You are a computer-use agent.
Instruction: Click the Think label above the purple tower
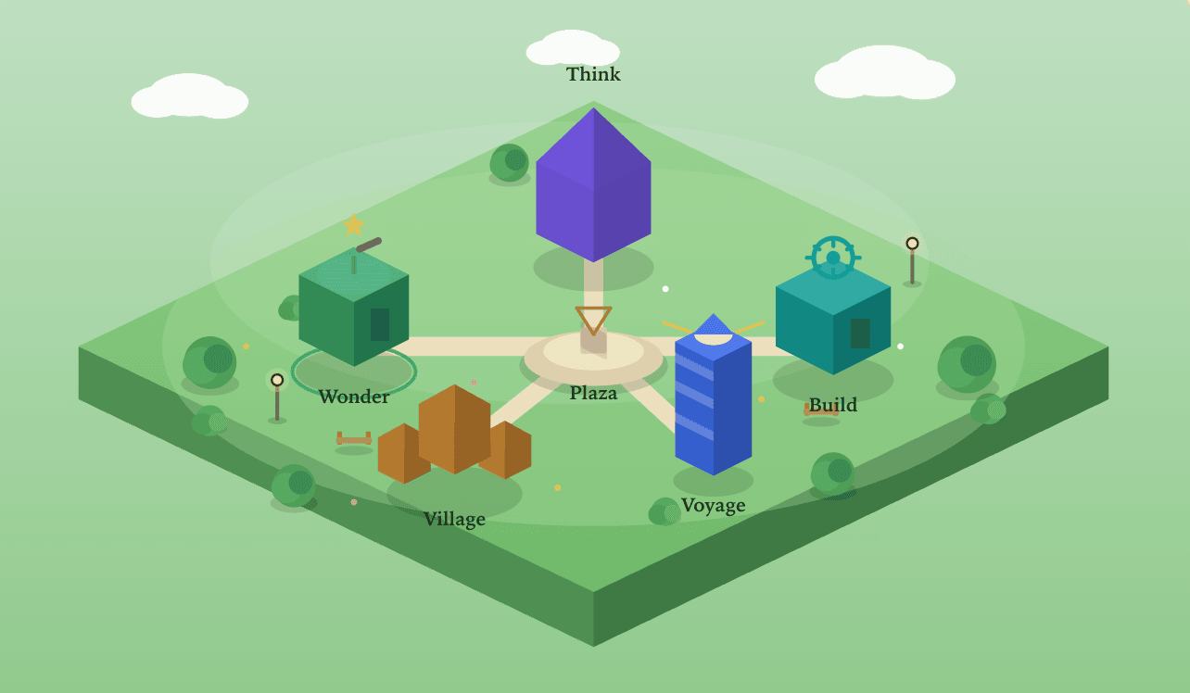click(593, 74)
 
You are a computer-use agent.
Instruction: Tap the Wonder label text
click(354, 397)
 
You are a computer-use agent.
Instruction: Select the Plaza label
click(593, 394)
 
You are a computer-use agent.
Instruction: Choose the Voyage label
click(713, 506)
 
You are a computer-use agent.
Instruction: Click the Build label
click(833, 405)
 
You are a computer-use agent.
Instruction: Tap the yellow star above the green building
click(354, 225)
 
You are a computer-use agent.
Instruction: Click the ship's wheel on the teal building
click(833, 258)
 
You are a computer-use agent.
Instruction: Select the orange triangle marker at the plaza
click(593, 320)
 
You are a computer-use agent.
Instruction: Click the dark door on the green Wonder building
click(380, 324)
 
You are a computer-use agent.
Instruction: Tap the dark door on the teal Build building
click(860, 334)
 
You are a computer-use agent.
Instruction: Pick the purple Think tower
click(593, 184)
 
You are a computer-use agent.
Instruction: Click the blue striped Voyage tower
click(713, 396)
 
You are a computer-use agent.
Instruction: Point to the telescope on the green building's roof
click(369, 245)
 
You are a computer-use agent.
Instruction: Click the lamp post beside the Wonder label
click(277, 397)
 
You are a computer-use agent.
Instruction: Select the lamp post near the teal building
click(912, 261)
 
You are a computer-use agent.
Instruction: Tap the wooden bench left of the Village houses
click(354, 439)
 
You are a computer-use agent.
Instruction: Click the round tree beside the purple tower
click(509, 162)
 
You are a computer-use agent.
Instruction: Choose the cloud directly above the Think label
click(573, 48)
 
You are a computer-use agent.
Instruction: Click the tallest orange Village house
click(454, 429)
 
